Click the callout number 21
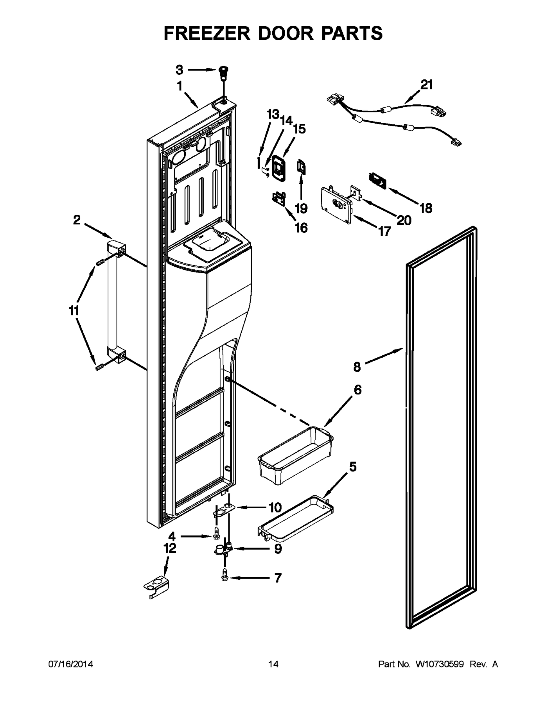426,85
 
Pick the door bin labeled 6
295,456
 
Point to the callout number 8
357,367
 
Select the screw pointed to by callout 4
216,537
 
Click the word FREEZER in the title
207,33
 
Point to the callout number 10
275,507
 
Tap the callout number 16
301,228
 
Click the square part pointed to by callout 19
301,167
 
